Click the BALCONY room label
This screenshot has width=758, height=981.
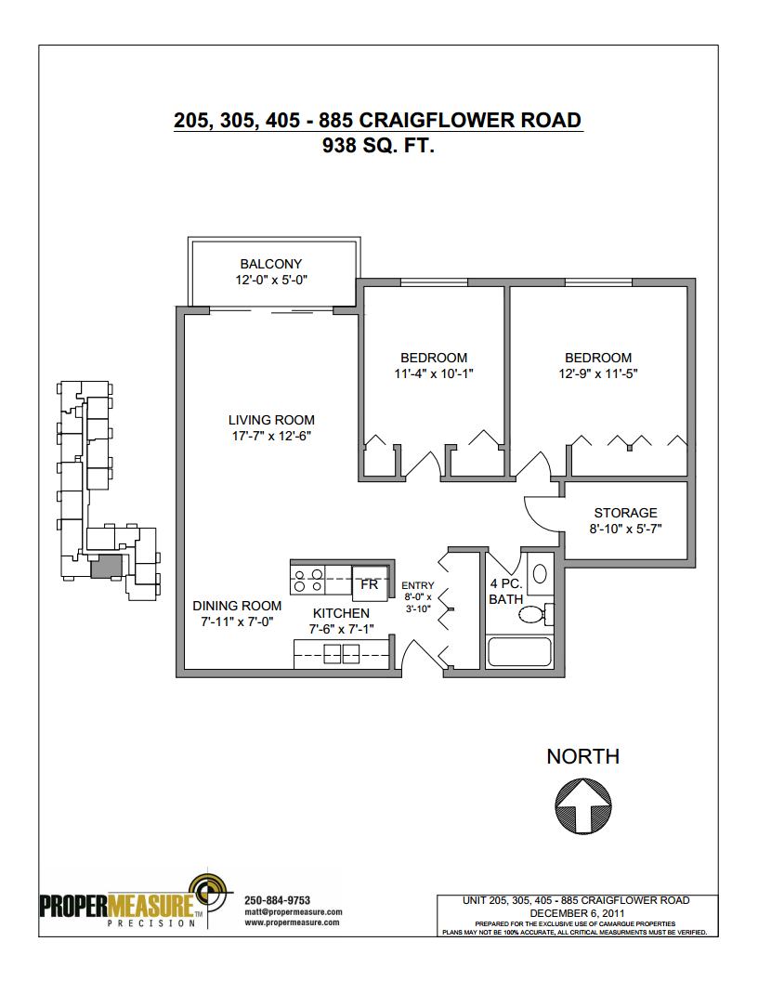click(x=271, y=264)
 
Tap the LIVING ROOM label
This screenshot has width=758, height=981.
click(x=271, y=421)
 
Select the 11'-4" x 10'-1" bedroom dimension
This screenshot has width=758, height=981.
click(x=434, y=374)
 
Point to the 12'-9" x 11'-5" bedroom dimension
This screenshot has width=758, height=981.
click(x=598, y=374)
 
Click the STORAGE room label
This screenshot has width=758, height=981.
click(x=625, y=513)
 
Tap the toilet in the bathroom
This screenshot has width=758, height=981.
click(x=536, y=614)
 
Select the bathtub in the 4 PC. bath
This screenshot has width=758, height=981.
click(x=519, y=651)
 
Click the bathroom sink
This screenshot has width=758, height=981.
click(x=540, y=574)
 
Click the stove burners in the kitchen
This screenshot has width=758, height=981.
click(x=307, y=580)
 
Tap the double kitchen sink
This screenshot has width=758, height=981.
click(x=342, y=655)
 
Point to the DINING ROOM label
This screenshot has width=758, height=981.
click(x=237, y=607)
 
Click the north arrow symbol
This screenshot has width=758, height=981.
click(x=583, y=805)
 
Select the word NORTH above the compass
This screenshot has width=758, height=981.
click(x=582, y=756)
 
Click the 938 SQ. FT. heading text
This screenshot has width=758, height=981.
click(x=378, y=145)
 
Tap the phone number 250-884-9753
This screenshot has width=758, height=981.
click(x=277, y=900)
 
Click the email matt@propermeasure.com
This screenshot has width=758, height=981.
click(x=294, y=912)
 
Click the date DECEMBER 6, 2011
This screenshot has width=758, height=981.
click(x=577, y=913)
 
